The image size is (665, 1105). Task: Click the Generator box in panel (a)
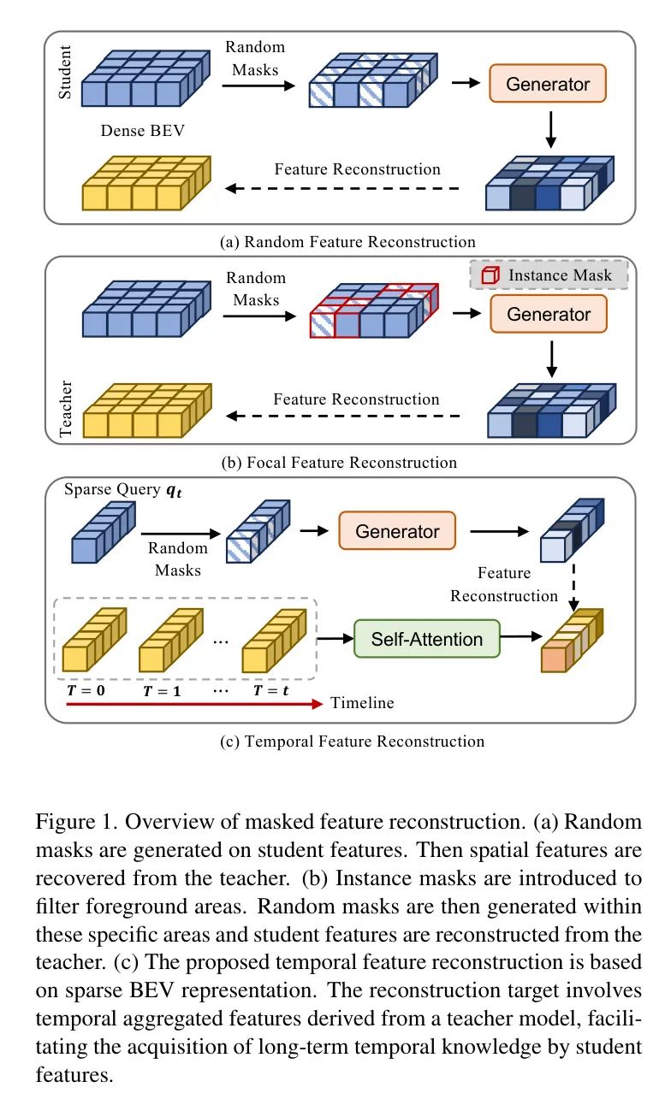click(548, 84)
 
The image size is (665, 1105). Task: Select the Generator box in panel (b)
click(549, 314)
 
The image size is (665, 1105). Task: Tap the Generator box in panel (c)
click(397, 531)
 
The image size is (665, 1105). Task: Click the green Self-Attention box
click(426, 639)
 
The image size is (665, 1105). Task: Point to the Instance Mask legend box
click(548, 275)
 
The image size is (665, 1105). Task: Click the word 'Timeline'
click(363, 703)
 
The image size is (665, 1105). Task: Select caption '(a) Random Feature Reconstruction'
click(347, 241)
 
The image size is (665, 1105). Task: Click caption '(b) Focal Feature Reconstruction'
click(339, 463)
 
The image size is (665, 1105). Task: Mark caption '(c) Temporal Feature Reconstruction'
click(351, 741)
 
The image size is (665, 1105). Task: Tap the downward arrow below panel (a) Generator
click(550, 128)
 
